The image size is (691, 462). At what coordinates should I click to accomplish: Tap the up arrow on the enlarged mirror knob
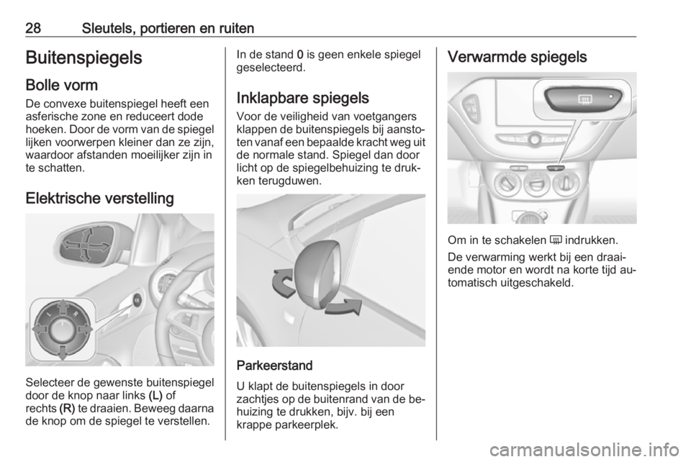(62, 307)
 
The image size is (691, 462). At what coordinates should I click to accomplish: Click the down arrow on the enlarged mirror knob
(62, 352)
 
